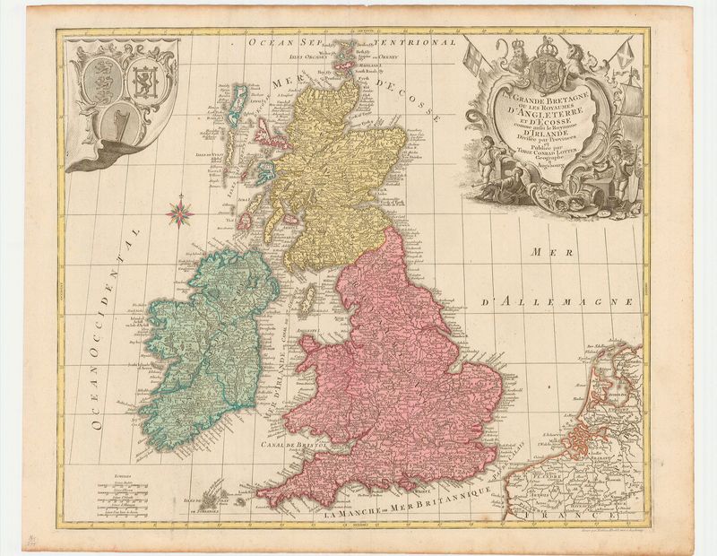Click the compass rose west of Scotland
pyautogui.click(x=179, y=213)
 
